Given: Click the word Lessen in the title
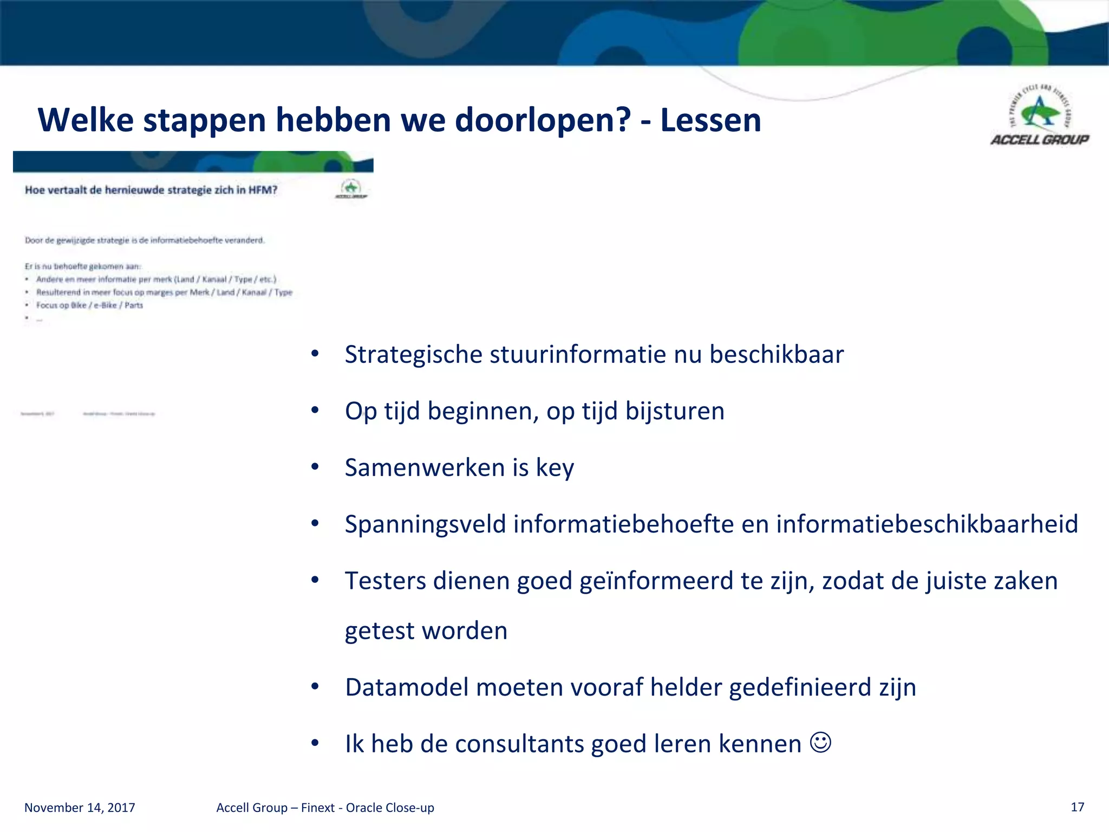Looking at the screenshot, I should tap(710, 120).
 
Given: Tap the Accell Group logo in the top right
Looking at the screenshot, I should tap(1040, 116).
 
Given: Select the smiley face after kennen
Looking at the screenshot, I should tap(820, 742).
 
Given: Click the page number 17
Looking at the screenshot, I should tap(1077, 807).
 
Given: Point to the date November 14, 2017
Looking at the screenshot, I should tap(80, 808).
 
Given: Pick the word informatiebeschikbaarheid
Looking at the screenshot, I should tap(927, 524).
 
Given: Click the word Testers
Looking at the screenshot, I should tap(386, 581).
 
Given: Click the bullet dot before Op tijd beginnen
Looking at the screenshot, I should tap(315, 411).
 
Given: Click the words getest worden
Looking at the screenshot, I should tap(426, 631).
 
